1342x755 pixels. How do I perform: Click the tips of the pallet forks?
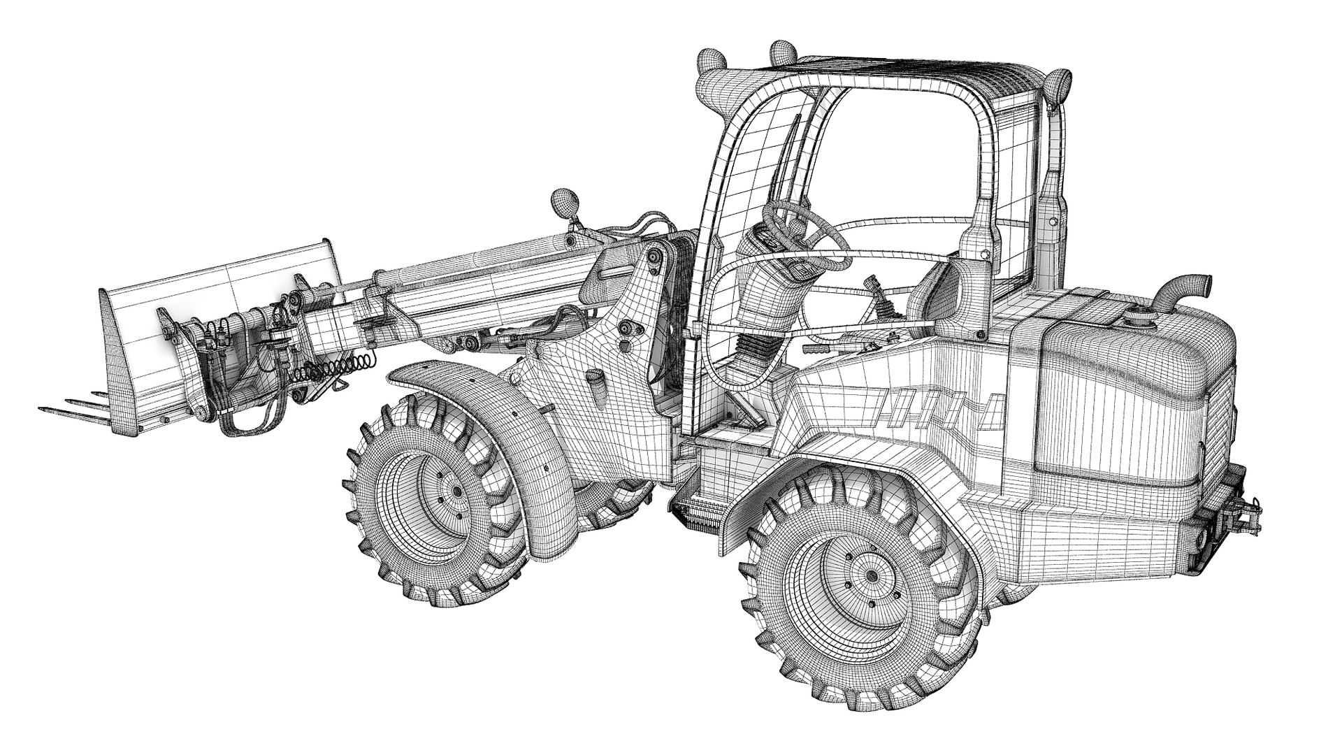(x=52, y=406)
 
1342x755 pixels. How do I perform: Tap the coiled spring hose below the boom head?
(x=335, y=369)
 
